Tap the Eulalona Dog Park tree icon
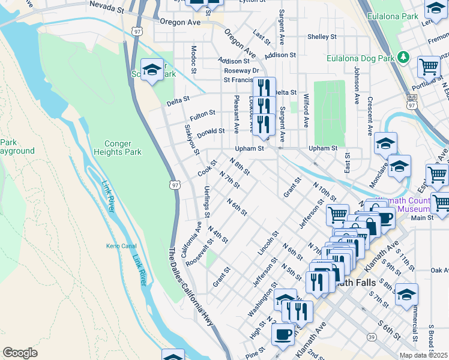click(x=405, y=58)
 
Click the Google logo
click(x=20, y=353)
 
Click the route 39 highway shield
click(x=372, y=338)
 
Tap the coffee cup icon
click(x=283, y=334)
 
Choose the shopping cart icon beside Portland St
click(x=429, y=67)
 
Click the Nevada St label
click(x=106, y=4)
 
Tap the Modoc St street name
click(x=193, y=59)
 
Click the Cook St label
click(x=207, y=172)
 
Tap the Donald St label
click(x=211, y=131)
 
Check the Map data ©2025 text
click(x=424, y=355)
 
